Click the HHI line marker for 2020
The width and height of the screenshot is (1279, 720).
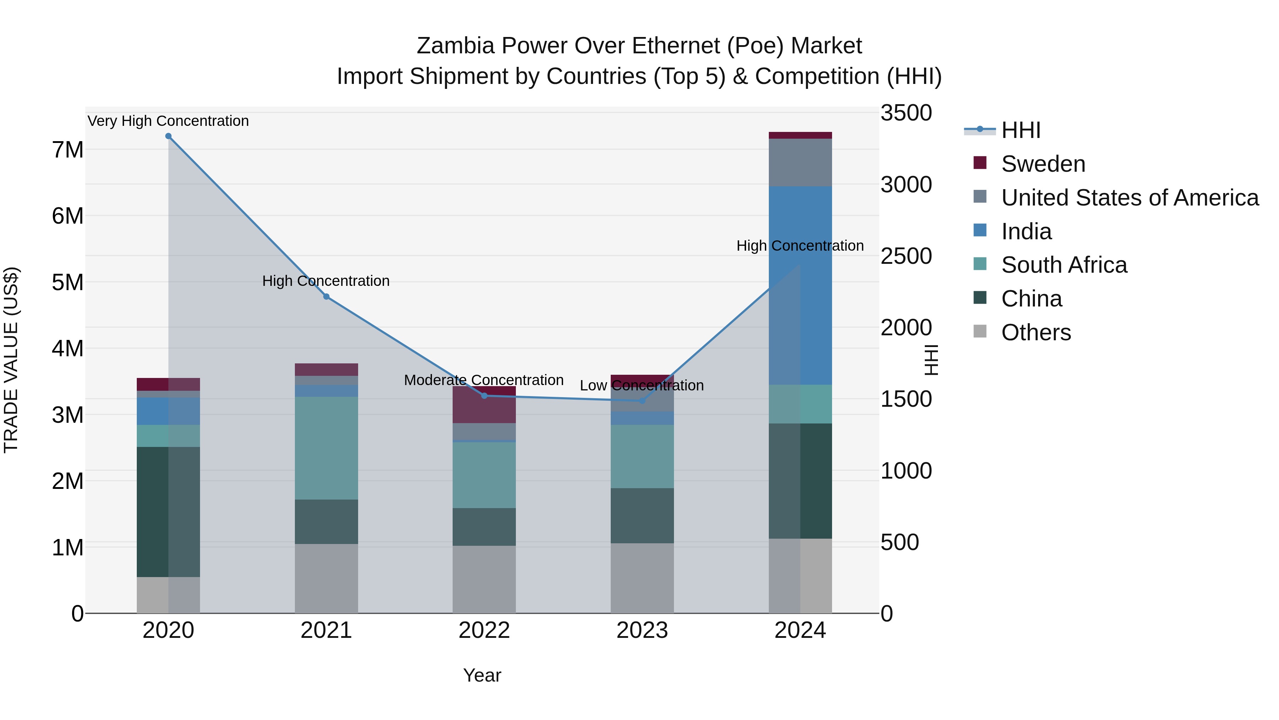point(168,136)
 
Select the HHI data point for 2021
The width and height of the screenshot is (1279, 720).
point(326,297)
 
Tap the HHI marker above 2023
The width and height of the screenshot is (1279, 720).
point(642,400)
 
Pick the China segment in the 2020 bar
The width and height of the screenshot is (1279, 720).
point(168,512)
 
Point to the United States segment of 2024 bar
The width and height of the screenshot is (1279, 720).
point(800,162)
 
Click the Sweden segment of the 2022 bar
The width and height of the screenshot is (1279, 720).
point(484,405)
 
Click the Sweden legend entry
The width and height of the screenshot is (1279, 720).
point(1043,164)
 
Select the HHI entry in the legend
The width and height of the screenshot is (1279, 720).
point(1020,130)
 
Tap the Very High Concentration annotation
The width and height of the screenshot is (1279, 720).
point(168,121)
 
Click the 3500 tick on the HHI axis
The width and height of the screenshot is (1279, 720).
point(906,113)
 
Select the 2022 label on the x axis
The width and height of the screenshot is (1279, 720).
point(484,630)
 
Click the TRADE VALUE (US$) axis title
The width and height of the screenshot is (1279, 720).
point(11,360)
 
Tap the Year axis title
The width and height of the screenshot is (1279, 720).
point(482,675)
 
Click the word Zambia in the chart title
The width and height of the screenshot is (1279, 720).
point(455,46)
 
